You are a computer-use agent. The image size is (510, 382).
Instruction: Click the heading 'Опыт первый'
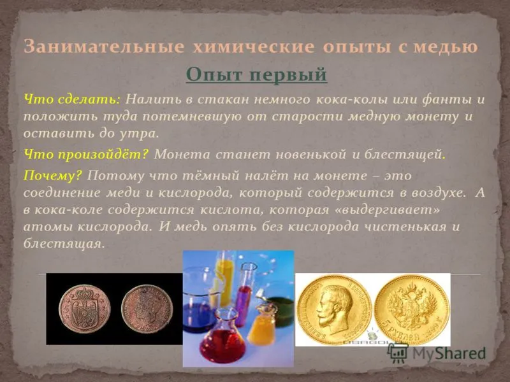pyautogui.click(x=256, y=75)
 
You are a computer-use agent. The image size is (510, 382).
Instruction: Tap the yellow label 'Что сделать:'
pyautogui.click(x=72, y=99)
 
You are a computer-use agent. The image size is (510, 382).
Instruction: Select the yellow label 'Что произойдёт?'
pyautogui.click(x=86, y=154)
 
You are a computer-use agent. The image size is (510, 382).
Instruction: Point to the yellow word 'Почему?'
pyautogui.click(x=53, y=176)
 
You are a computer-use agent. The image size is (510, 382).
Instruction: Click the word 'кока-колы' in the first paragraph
pyautogui.click(x=351, y=99)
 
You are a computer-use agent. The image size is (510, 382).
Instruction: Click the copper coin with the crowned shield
pyautogui.click(x=84, y=309)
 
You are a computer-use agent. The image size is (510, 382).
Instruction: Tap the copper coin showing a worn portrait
pyautogui.click(x=147, y=309)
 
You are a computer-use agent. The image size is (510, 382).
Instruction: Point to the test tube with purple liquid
pyautogui.click(x=242, y=295)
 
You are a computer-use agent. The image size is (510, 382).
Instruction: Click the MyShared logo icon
pyautogui.click(x=397, y=352)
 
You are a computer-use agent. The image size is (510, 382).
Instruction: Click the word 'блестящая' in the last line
pyautogui.click(x=64, y=244)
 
